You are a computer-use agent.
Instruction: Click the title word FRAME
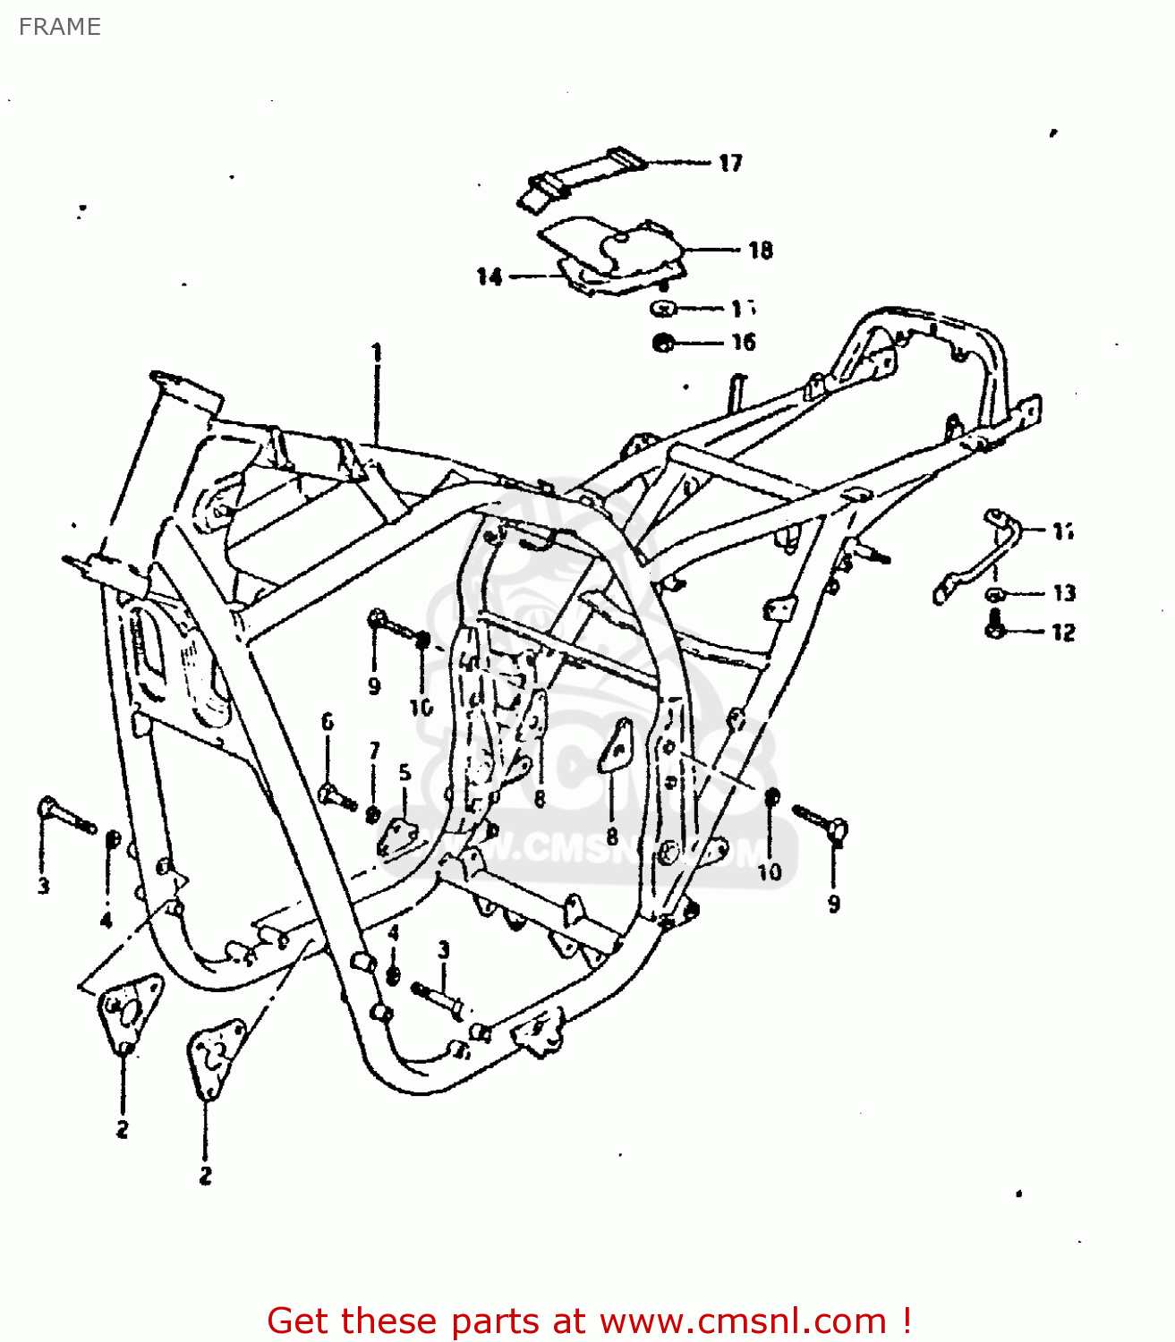click(59, 27)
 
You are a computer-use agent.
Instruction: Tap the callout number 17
click(730, 163)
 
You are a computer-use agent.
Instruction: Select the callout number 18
click(760, 251)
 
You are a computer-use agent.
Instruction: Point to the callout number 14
click(489, 277)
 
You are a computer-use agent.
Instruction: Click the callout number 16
click(743, 343)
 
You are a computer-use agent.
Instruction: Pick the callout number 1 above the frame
click(377, 352)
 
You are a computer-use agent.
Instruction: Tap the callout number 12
click(1062, 633)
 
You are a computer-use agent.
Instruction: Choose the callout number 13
click(1063, 593)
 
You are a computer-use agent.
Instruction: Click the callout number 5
click(404, 772)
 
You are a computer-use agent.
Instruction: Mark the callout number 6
click(328, 721)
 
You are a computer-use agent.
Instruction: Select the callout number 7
click(374, 751)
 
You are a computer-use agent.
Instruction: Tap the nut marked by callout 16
click(663, 343)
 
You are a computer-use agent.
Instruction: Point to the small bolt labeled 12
click(993, 625)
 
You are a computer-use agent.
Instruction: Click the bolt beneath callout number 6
click(336, 794)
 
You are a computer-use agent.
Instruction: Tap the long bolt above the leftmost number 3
click(65, 816)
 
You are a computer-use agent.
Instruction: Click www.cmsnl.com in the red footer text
click(742, 1321)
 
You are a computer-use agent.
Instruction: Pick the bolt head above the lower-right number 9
click(837, 830)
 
